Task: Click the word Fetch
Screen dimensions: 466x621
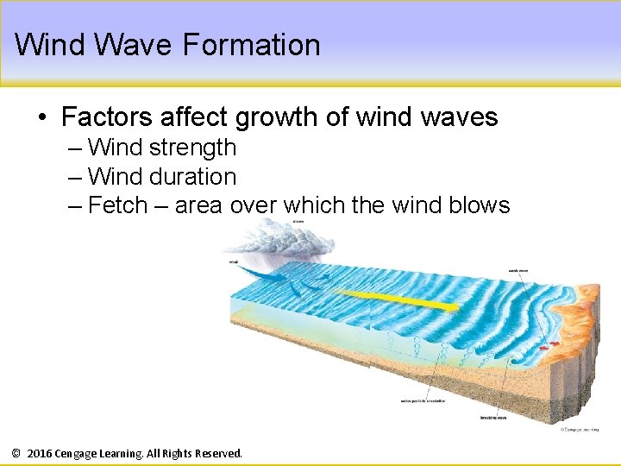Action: (x=118, y=205)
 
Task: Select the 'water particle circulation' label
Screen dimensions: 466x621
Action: (x=422, y=400)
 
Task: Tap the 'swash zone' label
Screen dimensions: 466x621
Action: (x=518, y=270)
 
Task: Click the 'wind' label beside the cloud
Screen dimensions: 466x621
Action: (x=234, y=261)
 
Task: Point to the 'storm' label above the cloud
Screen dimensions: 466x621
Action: (x=298, y=221)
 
